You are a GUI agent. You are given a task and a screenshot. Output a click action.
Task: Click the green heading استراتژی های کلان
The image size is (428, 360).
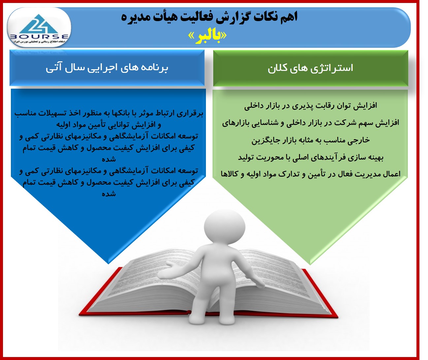tap(310, 68)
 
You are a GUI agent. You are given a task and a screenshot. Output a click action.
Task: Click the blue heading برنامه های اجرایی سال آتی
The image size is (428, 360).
tap(107, 68)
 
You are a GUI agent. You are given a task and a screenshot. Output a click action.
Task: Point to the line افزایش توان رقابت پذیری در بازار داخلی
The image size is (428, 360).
tap(311, 106)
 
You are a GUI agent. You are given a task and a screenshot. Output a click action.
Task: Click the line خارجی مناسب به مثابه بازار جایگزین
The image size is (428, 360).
tap(311, 140)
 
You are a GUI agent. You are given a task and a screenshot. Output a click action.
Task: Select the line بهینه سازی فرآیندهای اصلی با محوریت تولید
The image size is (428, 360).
tap(311, 158)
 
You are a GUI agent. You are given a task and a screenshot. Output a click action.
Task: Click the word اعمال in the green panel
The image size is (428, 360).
tap(391, 174)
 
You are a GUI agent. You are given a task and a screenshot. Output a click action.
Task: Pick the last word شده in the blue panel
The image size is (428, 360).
tap(109, 194)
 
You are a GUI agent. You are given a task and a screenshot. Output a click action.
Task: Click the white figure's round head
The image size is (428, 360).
tap(225, 227)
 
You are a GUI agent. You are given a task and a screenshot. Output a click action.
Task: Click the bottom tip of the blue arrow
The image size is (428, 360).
tap(109, 264)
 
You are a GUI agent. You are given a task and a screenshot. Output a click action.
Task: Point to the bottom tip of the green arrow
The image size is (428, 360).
tap(310, 265)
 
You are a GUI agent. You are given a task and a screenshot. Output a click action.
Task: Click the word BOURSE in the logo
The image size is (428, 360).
tap(39, 37)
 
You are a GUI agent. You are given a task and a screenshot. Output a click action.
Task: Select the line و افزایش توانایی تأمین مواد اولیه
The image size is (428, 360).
tap(109, 125)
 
